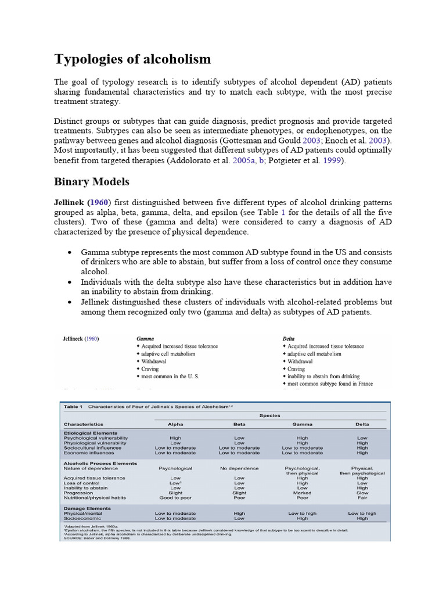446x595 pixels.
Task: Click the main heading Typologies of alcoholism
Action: [x=132, y=59]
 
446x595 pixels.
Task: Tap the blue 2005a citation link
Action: [x=244, y=160]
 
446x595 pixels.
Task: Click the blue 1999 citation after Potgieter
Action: [x=332, y=160]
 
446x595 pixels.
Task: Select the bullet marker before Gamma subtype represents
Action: [x=70, y=253]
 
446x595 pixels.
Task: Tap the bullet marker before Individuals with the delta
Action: [x=70, y=282]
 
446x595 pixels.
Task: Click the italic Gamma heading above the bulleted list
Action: [x=146, y=338]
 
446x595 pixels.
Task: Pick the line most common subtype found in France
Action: [x=330, y=383]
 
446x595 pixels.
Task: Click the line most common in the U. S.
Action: [x=170, y=376]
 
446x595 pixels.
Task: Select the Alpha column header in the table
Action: [x=175, y=424]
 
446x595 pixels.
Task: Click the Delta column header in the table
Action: [x=362, y=424]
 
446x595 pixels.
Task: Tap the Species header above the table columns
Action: [x=270, y=415]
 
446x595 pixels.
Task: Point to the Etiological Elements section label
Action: [x=90, y=433]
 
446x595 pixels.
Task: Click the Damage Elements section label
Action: [x=87, y=508]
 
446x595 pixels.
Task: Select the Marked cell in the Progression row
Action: [x=302, y=493]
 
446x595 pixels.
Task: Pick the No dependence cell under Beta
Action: [x=239, y=468]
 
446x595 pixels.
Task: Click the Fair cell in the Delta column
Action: [x=362, y=497]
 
